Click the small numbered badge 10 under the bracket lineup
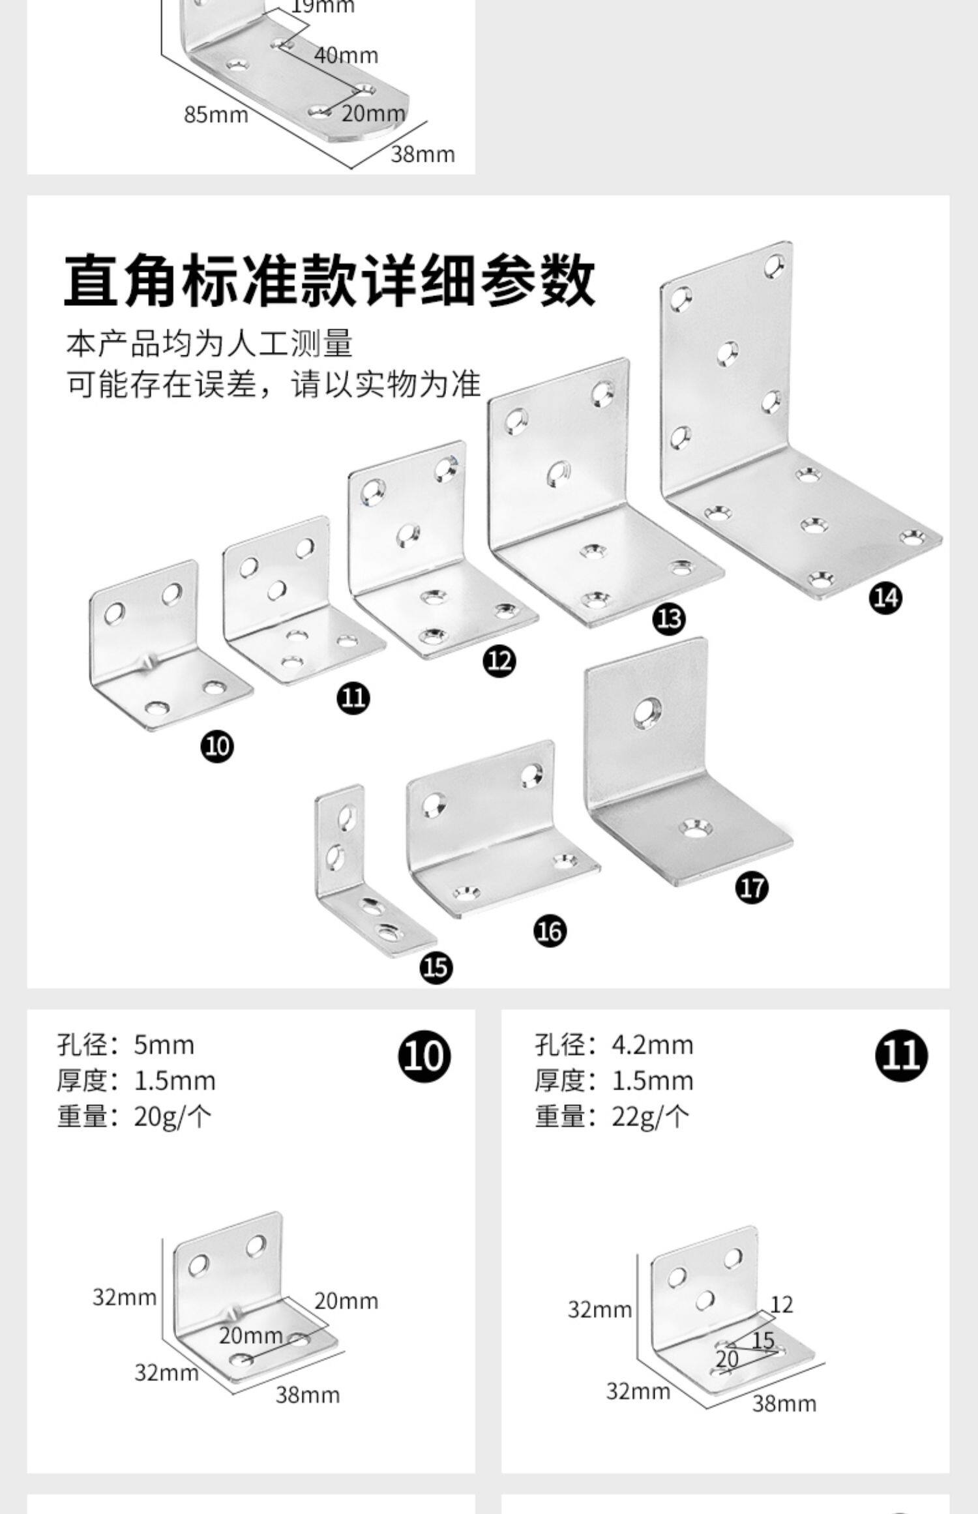click(x=217, y=745)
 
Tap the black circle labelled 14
click(x=885, y=597)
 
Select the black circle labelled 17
click(x=752, y=887)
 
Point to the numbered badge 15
click(x=436, y=967)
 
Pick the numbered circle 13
click(x=669, y=618)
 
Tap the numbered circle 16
click(x=550, y=931)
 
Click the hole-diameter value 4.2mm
click(x=652, y=1045)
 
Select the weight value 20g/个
click(x=173, y=1117)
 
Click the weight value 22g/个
click(x=650, y=1117)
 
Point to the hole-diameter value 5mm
click(x=164, y=1045)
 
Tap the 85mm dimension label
click(x=216, y=115)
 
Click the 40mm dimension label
click(x=346, y=55)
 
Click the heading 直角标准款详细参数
click(x=329, y=282)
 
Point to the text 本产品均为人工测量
click(x=209, y=344)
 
